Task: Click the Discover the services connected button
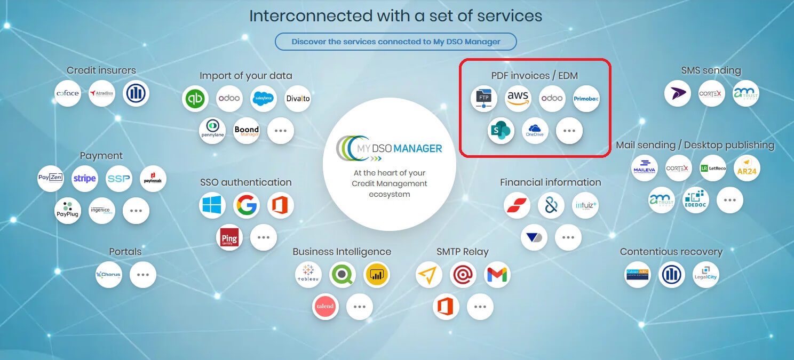click(395, 42)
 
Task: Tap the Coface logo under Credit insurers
click(68, 93)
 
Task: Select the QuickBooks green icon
click(195, 99)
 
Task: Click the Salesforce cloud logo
click(264, 99)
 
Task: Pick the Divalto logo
click(298, 99)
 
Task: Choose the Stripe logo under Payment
click(84, 179)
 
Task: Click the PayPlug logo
click(68, 211)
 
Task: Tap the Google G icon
click(247, 205)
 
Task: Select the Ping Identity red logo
click(229, 237)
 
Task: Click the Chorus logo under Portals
click(109, 275)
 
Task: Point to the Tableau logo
click(308, 275)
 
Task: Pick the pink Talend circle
click(325, 306)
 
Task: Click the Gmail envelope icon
click(497, 275)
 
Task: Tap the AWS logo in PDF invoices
click(518, 99)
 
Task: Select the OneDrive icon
click(535, 131)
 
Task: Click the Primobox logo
click(586, 99)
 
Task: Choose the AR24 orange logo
click(747, 168)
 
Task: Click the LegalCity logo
click(705, 275)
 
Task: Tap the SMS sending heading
click(711, 70)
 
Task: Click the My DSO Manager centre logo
click(390, 148)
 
